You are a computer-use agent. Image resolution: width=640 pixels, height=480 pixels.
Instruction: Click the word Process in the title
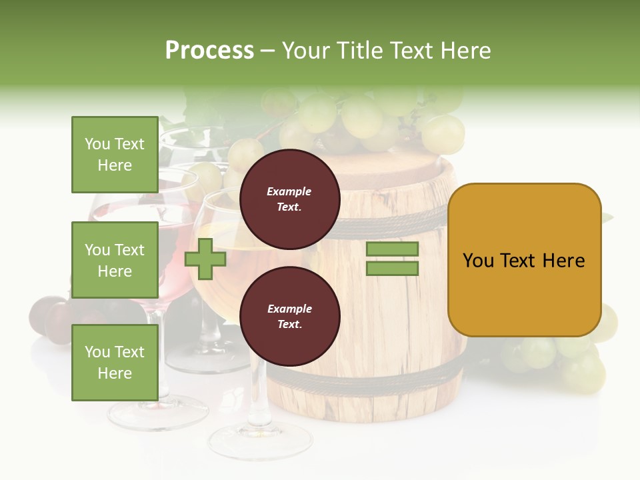209,51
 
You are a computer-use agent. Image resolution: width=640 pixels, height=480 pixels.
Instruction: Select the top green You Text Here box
115,155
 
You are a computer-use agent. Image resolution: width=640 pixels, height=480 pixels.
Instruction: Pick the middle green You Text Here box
115,260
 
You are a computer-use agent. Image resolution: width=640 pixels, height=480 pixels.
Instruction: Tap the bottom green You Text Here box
115,362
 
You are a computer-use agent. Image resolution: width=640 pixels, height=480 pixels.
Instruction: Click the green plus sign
205,259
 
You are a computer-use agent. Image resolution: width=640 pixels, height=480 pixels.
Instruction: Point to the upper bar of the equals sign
392,249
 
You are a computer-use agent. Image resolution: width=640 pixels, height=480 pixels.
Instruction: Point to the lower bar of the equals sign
392,268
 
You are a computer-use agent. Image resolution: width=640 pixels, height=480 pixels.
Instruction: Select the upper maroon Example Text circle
289,199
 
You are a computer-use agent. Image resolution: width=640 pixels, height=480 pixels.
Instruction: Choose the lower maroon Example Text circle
289,316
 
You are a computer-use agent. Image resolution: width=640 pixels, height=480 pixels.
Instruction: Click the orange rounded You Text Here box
524,260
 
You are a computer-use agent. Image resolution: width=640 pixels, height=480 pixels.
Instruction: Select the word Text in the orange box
523,260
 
